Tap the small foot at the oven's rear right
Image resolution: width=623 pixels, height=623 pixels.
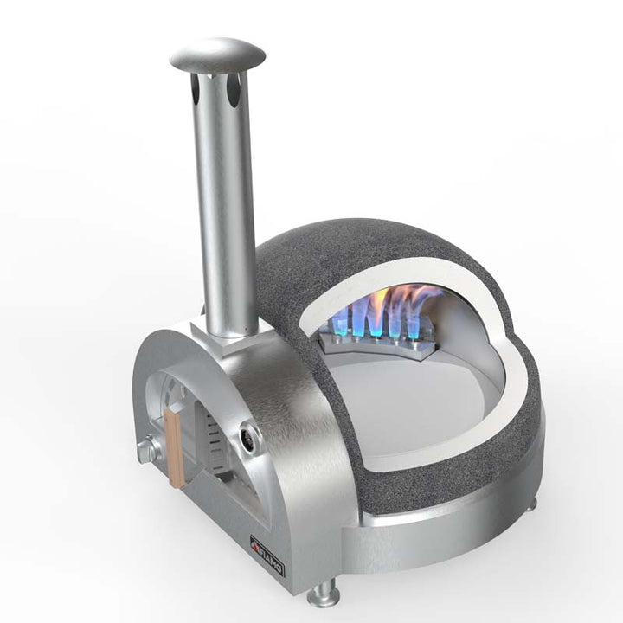point(529,500)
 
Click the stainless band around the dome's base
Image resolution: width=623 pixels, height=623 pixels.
point(450,519)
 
